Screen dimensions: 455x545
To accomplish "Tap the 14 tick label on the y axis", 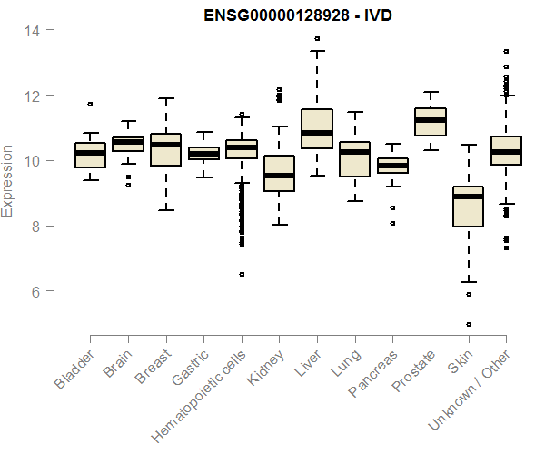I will point(31,30).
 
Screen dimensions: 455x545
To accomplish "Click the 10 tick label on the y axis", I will point(31,161).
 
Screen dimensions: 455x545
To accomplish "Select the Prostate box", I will point(430,122).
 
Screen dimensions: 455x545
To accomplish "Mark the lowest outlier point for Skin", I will point(468,324).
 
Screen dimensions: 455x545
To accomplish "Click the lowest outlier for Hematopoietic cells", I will point(241,274).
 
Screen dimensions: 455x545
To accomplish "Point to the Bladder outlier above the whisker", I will point(90,104).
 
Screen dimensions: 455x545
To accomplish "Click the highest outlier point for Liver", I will point(316,38).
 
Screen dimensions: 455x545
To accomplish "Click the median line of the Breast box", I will point(165,145).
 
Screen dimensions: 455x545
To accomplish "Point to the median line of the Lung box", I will point(354,152).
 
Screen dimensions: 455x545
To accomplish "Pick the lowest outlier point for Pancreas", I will point(392,222).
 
